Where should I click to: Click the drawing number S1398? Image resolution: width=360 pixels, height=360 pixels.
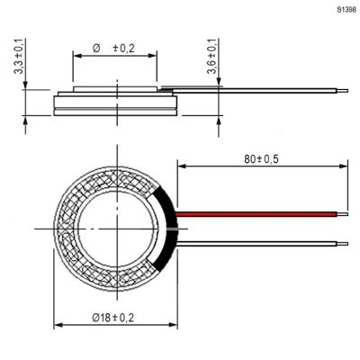(346, 10)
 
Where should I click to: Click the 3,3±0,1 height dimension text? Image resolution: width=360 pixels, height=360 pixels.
(20, 56)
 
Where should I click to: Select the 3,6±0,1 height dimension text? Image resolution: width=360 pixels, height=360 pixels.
(211, 56)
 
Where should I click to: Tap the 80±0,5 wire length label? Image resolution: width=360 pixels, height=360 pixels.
(261, 159)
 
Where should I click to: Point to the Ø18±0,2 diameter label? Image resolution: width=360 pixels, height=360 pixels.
(113, 318)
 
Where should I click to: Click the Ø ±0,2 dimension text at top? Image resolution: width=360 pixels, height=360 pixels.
(113, 49)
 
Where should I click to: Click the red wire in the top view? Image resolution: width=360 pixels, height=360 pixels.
(256, 214)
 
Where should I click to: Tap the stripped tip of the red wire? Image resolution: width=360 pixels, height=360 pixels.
(342, 214)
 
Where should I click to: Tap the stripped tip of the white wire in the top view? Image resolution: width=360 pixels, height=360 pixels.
(342, 244)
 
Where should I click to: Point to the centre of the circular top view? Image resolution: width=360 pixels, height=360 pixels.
(117, 229)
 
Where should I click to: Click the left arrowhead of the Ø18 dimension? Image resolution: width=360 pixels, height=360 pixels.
(58, 325)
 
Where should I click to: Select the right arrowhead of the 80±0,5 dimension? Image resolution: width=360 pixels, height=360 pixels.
(344, 166)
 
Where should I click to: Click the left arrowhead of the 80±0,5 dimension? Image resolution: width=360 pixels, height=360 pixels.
(182, 166)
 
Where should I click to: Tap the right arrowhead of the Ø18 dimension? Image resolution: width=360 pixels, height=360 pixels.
(173, 325)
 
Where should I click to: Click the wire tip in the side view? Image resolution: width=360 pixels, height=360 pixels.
(342, 91)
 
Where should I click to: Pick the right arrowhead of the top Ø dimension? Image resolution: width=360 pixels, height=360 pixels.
(152, 56)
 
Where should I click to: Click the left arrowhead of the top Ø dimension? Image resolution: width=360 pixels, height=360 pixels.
(77, 56)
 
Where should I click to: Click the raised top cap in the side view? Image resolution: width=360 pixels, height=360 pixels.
(115, 89)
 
